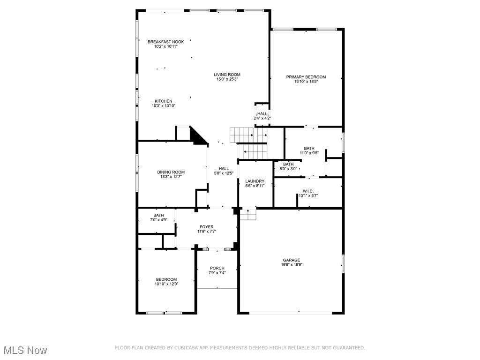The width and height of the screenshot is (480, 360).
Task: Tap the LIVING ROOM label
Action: (227, 75)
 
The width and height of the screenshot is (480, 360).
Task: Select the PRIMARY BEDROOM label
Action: (306, 77)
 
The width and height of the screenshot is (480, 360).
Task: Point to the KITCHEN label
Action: (164, 101)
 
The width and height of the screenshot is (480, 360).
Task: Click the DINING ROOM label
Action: (171, 172)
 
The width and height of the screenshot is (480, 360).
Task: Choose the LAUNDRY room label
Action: (255, 181)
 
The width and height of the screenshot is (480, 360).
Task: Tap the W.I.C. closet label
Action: (308, 191)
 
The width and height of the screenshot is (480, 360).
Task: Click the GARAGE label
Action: (291, 260)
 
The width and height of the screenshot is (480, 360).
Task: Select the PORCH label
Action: (217, 268)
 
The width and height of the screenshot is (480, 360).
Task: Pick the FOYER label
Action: (206, 227)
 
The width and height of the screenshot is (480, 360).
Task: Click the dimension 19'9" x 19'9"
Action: (291, 265)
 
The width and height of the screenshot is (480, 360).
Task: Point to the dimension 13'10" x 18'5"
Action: (306, 82)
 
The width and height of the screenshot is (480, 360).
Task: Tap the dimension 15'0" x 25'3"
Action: (227, 80)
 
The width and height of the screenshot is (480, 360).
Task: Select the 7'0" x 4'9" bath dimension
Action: (158, 220)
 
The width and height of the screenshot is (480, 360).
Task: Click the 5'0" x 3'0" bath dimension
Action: (288, 169)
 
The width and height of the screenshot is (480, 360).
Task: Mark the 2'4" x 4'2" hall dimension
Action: (262, 119)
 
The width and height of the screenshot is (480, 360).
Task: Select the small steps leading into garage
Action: (248, 214)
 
